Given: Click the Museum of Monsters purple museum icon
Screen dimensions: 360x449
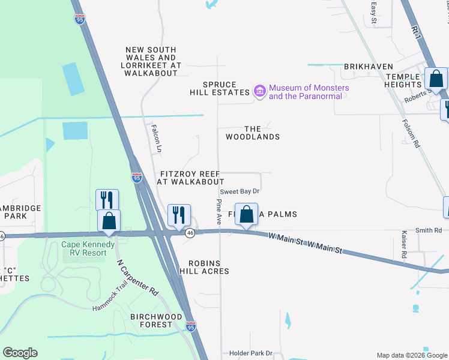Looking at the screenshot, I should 259,91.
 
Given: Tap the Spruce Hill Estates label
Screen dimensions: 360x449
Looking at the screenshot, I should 219,88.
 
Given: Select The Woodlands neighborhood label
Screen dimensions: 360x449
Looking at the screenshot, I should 253,133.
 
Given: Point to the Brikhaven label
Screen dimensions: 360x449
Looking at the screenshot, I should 369,67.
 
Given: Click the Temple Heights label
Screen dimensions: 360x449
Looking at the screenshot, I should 411,80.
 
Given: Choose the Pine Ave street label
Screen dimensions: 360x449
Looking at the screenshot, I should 219,208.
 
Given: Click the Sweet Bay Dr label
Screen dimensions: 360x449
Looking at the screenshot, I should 239,191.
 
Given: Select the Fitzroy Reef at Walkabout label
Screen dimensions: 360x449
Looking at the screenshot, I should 190,177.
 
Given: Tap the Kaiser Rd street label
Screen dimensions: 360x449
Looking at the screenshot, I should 405,245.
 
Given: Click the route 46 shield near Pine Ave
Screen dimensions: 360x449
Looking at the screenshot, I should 190,233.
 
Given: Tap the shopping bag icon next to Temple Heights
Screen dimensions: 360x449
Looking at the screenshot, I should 436,79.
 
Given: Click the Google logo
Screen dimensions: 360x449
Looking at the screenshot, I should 20,353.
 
